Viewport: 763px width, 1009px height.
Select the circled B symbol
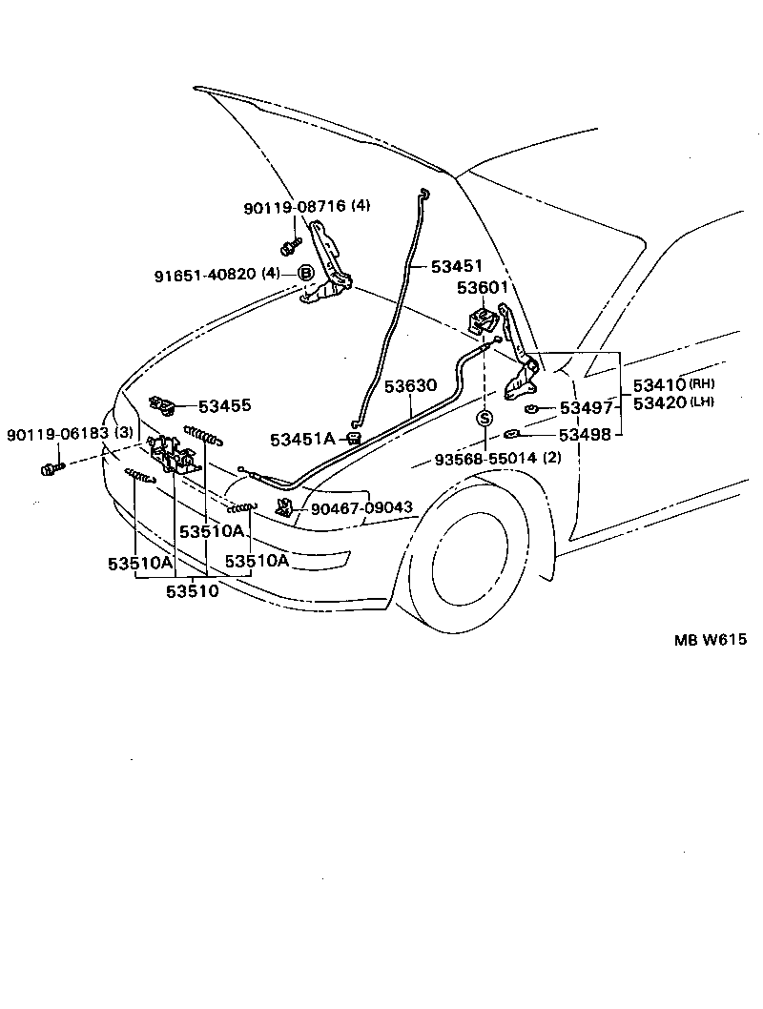[x=306, y=274]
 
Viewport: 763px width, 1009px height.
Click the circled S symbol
[x=485, y=419]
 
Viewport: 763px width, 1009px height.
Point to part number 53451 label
[x=457, y=266]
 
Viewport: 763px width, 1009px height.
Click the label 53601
[x=483, y=287]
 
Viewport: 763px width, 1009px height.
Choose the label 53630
[x=410, y=386]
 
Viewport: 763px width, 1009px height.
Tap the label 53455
[x=225, y=405]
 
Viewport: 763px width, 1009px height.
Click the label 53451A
[x=302, y=439]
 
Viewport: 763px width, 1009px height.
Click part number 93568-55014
[x=486, y=459]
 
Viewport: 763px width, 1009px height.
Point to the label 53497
[x=586, y=408]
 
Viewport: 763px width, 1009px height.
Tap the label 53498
[x=586, y=436]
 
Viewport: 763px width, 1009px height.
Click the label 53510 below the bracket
[x=193, y=591]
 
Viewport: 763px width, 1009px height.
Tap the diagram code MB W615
[x=698, y=639]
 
